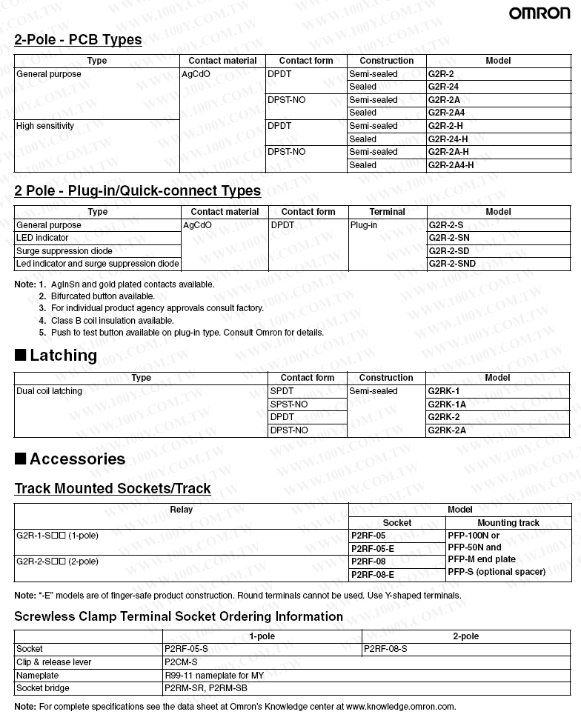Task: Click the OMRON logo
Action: tap(539, 13)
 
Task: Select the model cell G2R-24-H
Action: tap(448, 139)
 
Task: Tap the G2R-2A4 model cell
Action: tap(447, 113)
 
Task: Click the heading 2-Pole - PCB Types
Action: tap(78, 40)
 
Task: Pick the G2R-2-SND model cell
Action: tap(452, 264)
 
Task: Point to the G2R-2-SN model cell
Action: tap(449, 238)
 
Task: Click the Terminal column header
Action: tap(387, 212)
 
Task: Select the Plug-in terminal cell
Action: tap(364, 224)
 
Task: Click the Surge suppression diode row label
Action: tap(64, 250)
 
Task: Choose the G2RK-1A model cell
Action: tap(447, 404)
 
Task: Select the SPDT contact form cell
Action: tap(282, 391)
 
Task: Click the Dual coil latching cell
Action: tap(50, 391)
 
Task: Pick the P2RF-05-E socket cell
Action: tap(372, 548)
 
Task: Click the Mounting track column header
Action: tap(508, 523)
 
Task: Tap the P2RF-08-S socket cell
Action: tap(385, 649)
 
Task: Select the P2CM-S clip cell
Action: tap(180, 662)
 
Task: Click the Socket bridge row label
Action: tap(43, 688)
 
